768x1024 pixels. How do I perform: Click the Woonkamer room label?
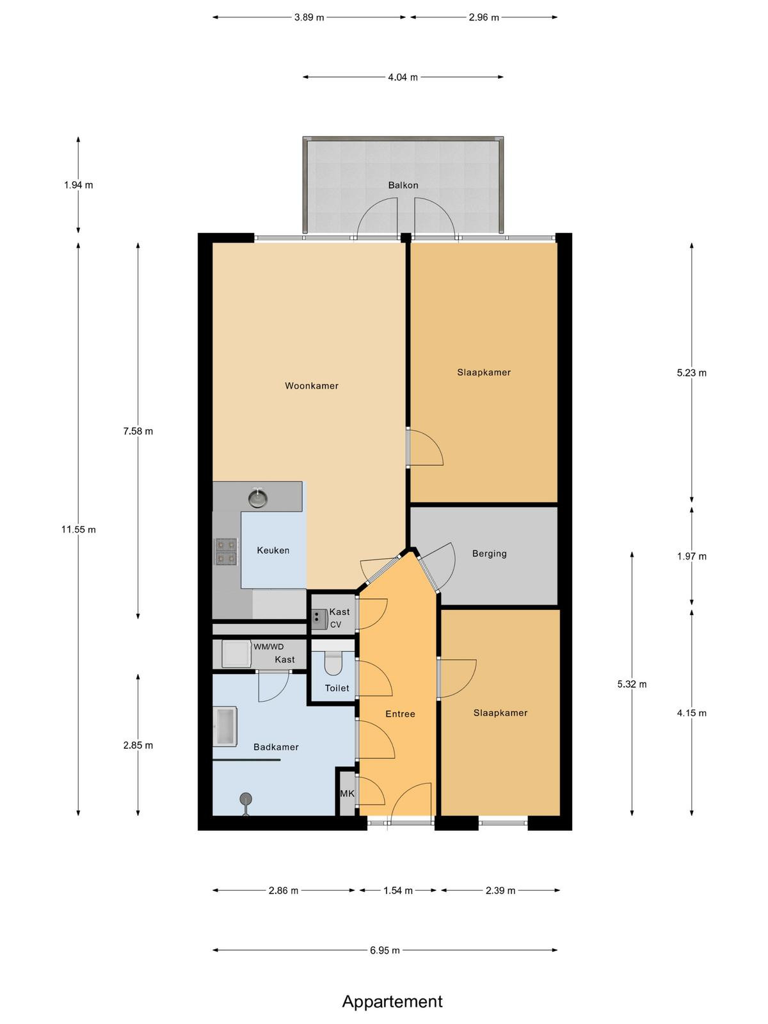tap(312, 386)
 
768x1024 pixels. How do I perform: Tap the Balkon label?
tap(403, 185)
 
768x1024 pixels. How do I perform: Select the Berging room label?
tap(489, 554)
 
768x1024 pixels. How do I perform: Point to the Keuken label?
tap(273, 550)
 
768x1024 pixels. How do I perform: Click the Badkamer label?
tap(276, 747)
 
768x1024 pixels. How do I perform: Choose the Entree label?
tap(400, 714)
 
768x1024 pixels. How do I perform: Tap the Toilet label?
tap(337, 688)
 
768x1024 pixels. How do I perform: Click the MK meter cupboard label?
tap(347, 794)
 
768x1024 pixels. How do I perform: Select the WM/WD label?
tap(269, 647)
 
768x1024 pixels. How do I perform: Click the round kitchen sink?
tap(257, 498)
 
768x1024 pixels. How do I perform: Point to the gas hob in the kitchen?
tap(226, 552)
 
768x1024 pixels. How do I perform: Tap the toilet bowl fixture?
tap(333, 662)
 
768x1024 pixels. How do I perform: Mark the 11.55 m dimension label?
tap(78, 529)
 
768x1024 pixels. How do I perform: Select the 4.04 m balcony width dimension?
tap(403, 77)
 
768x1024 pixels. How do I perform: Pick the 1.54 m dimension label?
tap(397, 891)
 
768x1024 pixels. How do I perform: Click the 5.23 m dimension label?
tap(692, 372)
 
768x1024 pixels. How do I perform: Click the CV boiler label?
tap(336, 625)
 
